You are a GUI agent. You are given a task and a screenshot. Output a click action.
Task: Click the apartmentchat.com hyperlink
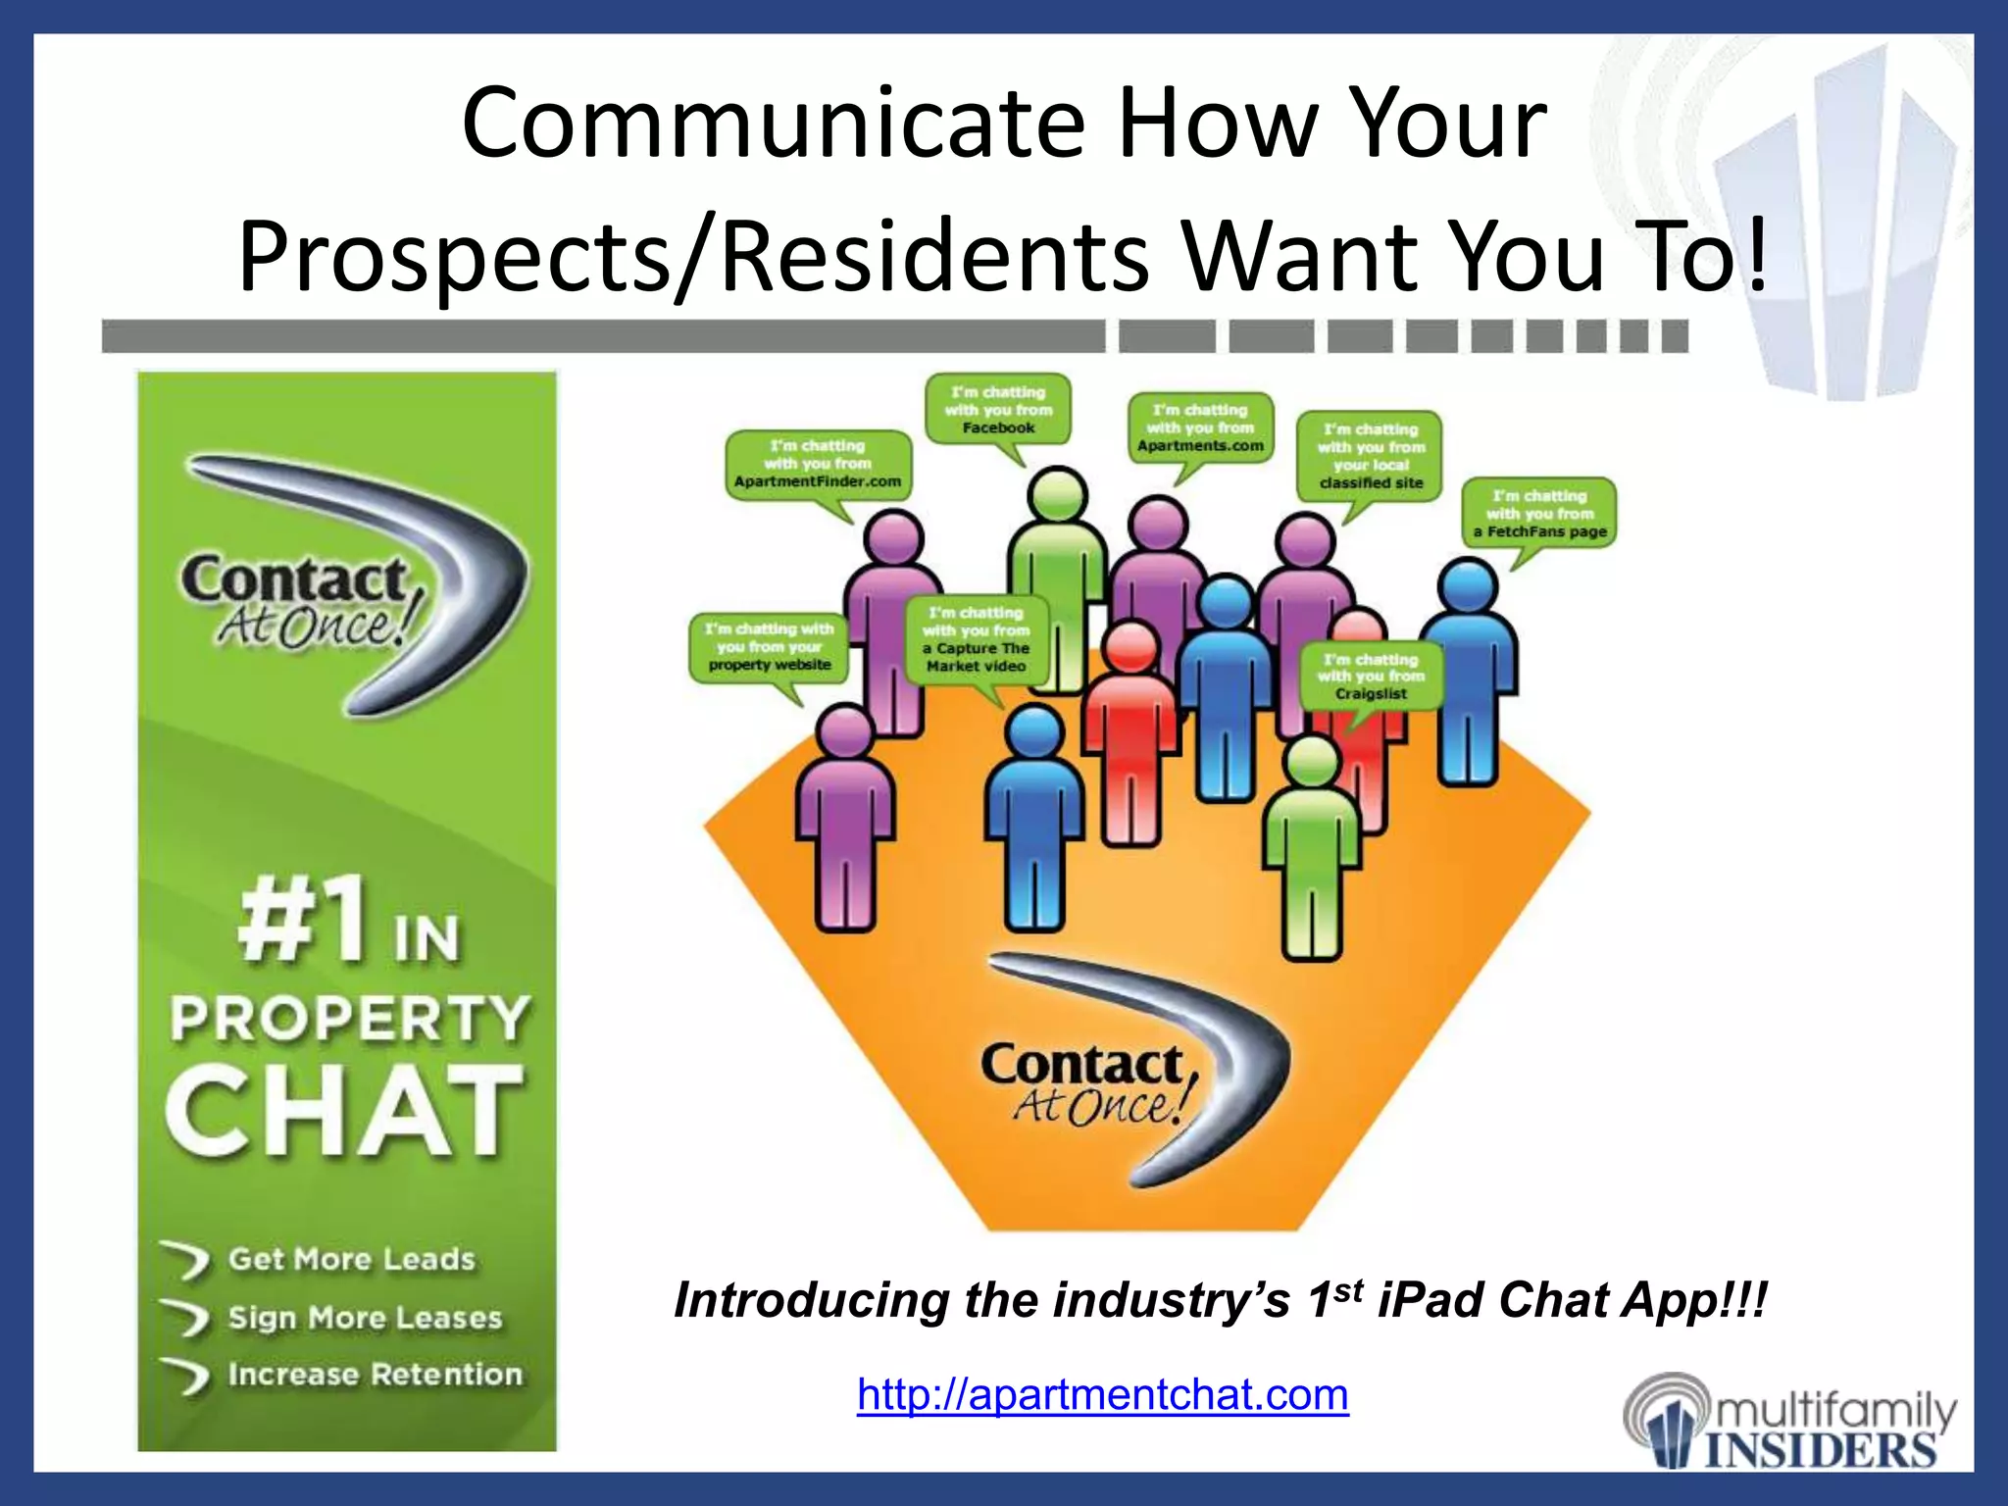[x=1102, y=1394]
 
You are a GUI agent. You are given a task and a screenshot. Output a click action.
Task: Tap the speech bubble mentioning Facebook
[x=998, y=410]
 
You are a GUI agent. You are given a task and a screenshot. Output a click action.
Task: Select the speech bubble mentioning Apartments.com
[x=1200, y=428]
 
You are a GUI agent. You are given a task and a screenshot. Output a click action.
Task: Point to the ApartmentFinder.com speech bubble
[x=818, y=464]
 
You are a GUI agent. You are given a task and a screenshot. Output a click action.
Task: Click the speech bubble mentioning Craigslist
[x=1371, y=677]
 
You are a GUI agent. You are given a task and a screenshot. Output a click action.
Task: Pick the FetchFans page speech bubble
[x=1539, y=514]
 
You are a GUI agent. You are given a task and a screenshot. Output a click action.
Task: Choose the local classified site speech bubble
[x=1370, y=456]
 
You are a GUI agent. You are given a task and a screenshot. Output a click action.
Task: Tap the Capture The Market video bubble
[x=976, y=639]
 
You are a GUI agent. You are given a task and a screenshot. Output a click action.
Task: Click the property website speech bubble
[x=770, y=646]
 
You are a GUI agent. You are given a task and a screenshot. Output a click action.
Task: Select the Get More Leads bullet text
[x=351, y=1259]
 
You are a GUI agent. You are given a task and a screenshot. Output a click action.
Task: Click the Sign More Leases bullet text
[x=365, y=1317]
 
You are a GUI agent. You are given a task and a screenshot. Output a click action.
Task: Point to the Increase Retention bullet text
[x=375, y=1375]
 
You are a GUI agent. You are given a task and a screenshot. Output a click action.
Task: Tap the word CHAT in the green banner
[x=344, y=1112]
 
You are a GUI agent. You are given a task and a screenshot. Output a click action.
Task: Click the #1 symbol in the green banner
[x=304, y=922]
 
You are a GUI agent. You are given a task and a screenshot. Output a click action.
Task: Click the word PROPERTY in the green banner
[x=350, y=1020]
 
